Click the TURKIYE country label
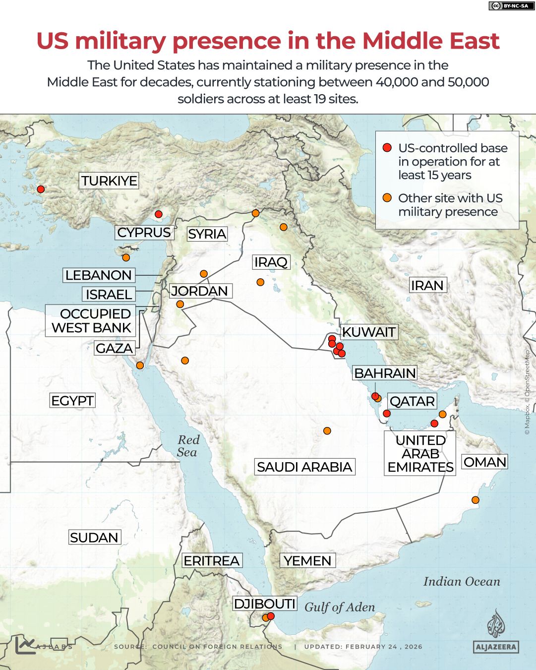click(109, 181)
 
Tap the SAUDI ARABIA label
click(304, 467)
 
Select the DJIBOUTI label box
click(265, 604)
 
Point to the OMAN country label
click(484, 462)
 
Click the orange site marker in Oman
click(475, 500)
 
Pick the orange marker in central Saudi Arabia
click(327, 431)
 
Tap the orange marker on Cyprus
click(126, 257)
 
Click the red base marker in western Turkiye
click(41, 189)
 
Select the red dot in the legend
click(387, 148)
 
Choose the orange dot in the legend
click(387, 198)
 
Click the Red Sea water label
click(187, 446)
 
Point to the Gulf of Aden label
click(340, 607)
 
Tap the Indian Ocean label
click(462, 582)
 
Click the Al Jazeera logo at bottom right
click(495, 633)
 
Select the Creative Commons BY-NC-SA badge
click(509, 6)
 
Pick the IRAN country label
click(427, 285)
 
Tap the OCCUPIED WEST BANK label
click(91, 321)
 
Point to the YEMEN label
click(307, 561)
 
